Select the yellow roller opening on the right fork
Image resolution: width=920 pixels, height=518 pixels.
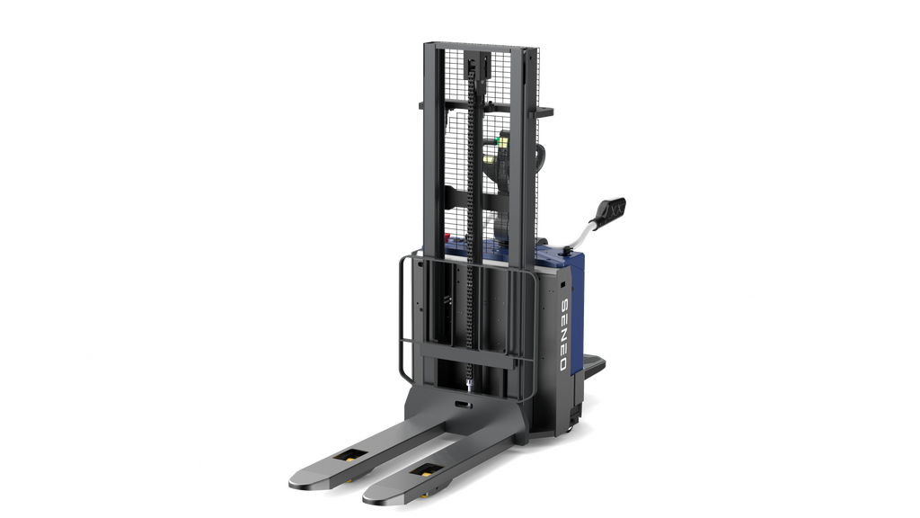[x=427, y=469]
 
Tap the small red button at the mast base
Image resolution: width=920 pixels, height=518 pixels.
[x=447, y=237]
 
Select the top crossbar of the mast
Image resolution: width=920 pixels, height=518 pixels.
[x=481, y=45]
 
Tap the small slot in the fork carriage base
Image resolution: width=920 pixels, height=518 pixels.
[x=461, y=406]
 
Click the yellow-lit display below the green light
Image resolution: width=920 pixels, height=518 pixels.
[x=490, y=158]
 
